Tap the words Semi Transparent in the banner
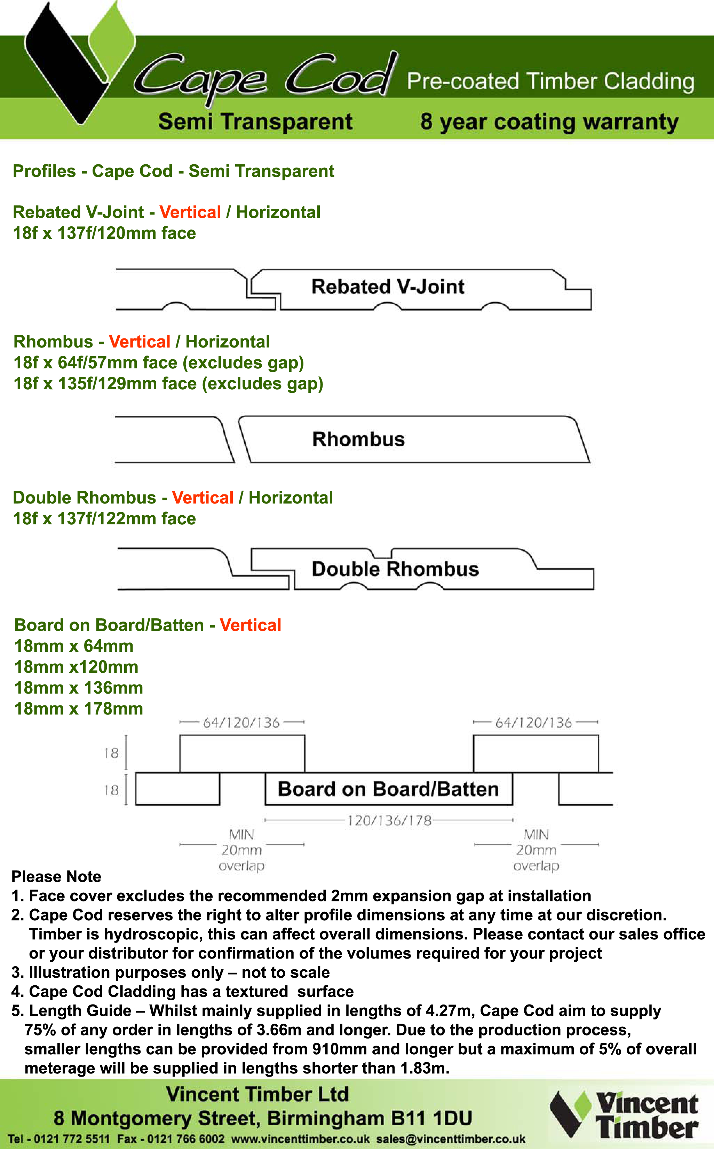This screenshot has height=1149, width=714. pos(255,122)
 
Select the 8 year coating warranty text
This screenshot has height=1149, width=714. pos(549,122)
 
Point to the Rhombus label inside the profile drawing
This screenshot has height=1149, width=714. pos(358,439)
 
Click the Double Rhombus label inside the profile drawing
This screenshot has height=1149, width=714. pos(395,569)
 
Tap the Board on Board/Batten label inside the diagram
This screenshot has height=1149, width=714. pos(388,789)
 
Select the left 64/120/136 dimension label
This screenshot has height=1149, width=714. pos(241,723)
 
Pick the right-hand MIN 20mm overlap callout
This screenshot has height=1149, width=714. pos(536,850)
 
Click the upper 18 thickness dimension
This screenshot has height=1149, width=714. pos(111,753)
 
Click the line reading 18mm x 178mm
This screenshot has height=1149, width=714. pos(78,709)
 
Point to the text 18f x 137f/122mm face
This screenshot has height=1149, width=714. pos(104,519)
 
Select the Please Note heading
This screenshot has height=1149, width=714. pos(56,877)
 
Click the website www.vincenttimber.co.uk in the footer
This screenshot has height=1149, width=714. pos(300,1139)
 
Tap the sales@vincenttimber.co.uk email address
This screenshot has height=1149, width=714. pos(451,1139)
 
